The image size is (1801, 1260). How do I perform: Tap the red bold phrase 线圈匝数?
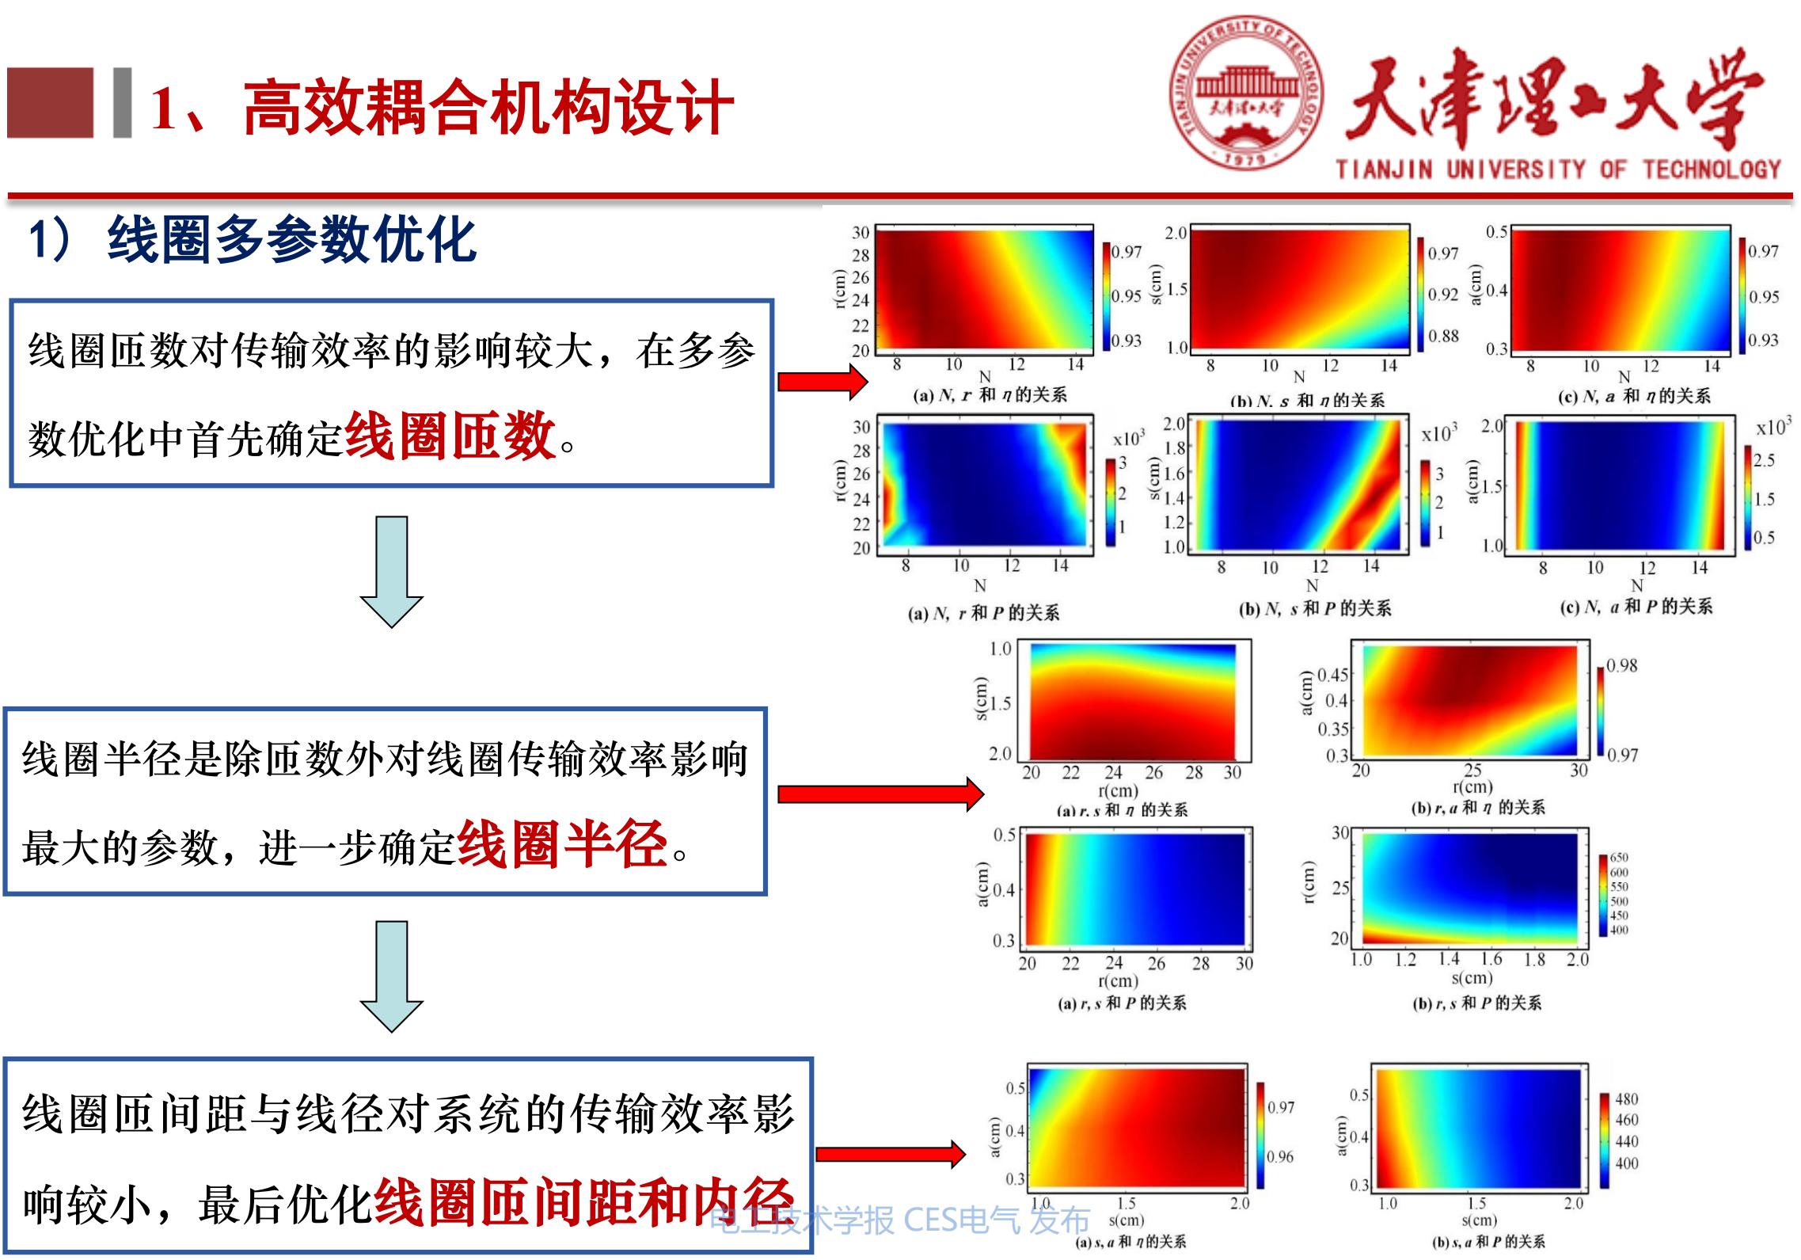[x=450, y=436]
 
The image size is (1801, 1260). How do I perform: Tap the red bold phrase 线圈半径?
[x=563, y=845]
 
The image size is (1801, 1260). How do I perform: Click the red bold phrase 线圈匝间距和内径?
[x=583, y=1203]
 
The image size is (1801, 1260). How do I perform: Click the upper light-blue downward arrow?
[x=391, y=572]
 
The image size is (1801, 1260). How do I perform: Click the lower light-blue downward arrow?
[x=391, y=976]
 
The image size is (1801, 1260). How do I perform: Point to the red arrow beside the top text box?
[x=823, y=382]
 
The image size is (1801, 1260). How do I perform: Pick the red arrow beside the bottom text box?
[x=890, y=1154]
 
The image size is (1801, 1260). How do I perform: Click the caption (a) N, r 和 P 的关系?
[x=983, y=613]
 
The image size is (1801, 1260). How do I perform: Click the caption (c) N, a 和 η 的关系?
[x=1635, y=396]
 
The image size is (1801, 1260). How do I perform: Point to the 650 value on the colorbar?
[x=1619, y=858]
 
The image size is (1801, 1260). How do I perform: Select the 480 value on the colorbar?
[x=1626, y=1099]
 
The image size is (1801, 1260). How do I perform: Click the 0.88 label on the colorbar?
[x=1443, y=336]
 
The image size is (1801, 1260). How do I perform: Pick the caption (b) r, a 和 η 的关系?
[x=1477, y=808]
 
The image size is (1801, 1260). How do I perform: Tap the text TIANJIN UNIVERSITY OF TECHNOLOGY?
[x=1558, y=169]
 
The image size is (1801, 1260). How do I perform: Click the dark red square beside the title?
[x=50, y=103]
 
